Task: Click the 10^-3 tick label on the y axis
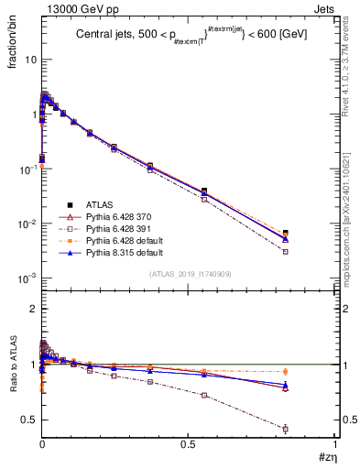(x=27, y=278)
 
